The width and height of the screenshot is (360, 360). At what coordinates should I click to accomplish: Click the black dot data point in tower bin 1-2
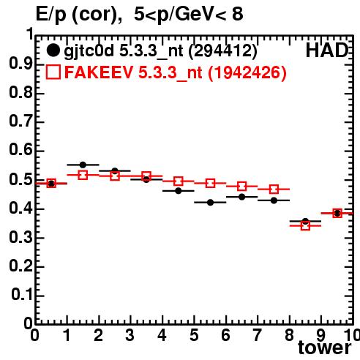click(x=83, y=165)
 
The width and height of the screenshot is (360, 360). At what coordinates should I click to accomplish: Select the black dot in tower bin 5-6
click(x=210, y=203)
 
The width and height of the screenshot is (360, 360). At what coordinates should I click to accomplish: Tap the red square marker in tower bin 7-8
click(x=274, y=189)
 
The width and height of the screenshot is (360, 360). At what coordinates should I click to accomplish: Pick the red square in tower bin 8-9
click(x=305, y=225)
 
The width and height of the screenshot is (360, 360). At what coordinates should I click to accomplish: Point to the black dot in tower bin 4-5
click(x=179, y=191)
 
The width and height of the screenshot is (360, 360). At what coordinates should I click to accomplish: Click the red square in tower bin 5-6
click(x=210, y=183)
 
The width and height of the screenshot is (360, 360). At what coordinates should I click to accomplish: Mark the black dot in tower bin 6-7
click(x=242, y=197)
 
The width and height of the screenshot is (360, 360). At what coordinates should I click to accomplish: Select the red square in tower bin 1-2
click(x=83, y=175)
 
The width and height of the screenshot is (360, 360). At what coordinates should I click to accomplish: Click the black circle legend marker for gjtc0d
click(x=53, y=50)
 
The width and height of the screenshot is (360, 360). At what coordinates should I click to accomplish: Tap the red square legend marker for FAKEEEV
click(x=53, y=72)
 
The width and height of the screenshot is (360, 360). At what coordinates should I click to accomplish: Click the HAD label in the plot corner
click(x=327, y=50)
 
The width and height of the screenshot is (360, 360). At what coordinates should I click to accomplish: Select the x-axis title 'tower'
click(x=325, y=348)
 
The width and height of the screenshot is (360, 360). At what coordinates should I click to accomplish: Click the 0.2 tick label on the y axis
click(x=20, y=266)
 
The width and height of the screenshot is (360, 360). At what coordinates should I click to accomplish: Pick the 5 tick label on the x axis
click(x=194, y=335)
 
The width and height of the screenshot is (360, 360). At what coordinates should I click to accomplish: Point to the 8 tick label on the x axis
click(x=289, y=335)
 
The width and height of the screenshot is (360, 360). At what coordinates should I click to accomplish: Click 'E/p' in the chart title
click(x=51, y=15)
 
